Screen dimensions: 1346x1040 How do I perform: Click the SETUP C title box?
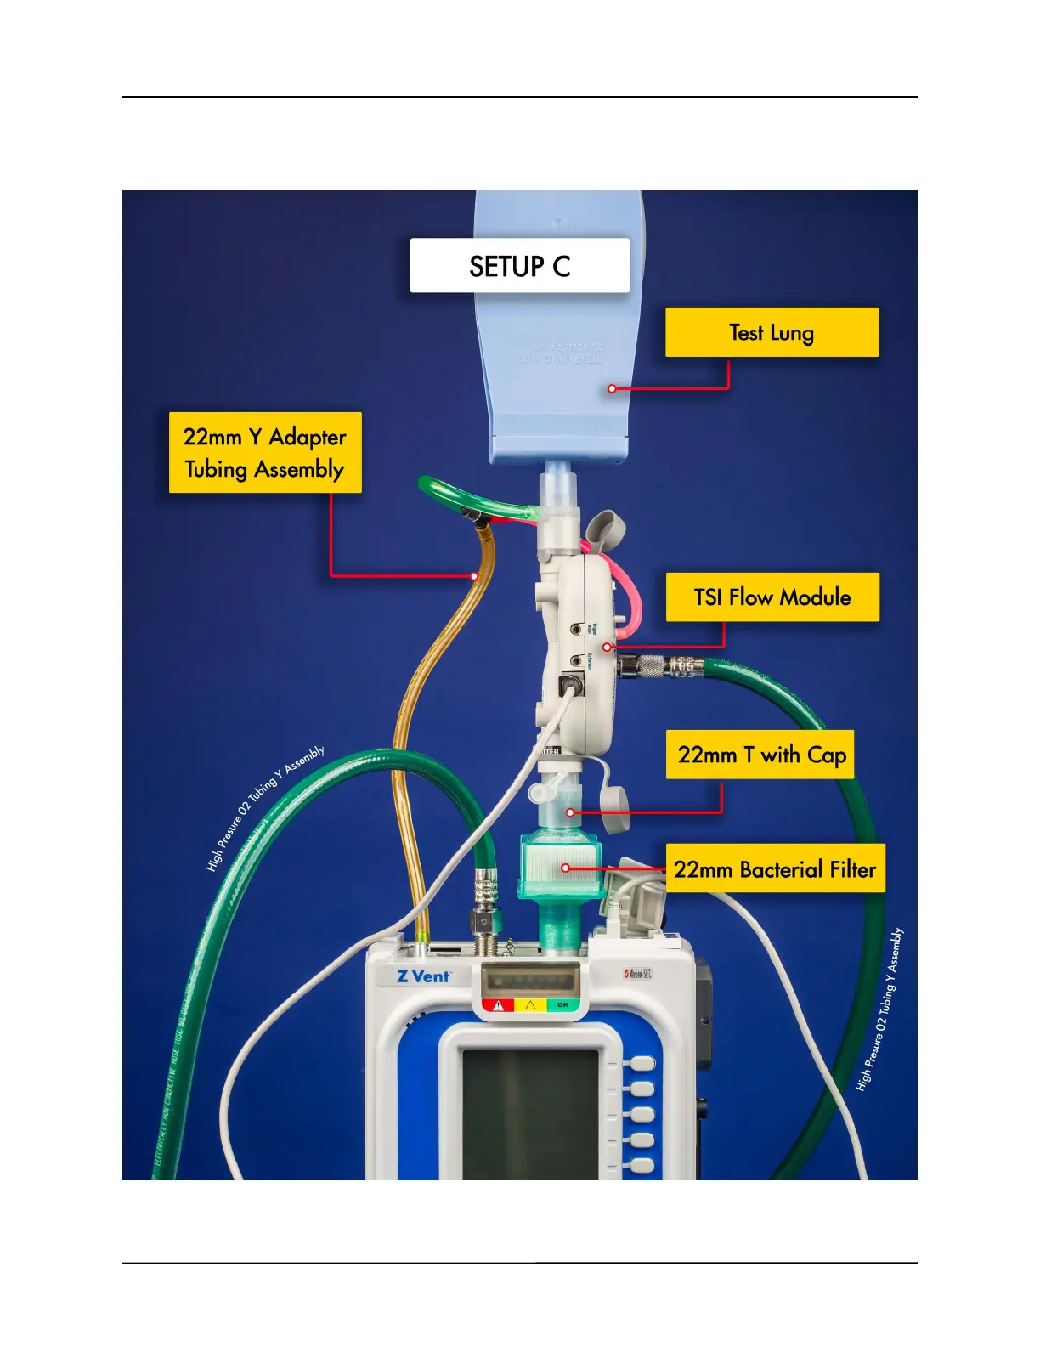(x=519, y=266)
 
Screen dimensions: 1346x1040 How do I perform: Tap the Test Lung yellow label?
(x=772, y=332)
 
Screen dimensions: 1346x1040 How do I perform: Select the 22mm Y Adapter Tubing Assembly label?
(x=265, y=453)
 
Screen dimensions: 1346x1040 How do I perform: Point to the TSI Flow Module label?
(x=772, y=597)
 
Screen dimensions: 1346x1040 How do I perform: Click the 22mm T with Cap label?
(x=760, y=755)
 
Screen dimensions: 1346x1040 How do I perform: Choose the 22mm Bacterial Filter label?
(x=775, y=868)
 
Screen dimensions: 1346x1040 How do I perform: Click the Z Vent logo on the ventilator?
(x=423, y=976)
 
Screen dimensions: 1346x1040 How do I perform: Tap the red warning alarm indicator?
(x=499, y=1005)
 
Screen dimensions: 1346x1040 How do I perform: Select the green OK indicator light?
(x=562, y=1005)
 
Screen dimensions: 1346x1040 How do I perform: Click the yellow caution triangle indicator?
(x=530, y=1005)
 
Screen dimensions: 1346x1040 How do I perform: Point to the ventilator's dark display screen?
(x=530, y=1113)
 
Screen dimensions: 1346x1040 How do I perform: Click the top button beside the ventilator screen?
(x=642, y=1064)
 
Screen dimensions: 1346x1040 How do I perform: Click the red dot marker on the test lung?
(x=612, y=388)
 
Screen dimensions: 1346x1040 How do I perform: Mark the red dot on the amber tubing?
(x=474, y=576)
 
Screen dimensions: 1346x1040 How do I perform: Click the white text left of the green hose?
(x=264, y=808)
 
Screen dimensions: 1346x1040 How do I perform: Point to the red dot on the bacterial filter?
(x=566, y=868)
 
